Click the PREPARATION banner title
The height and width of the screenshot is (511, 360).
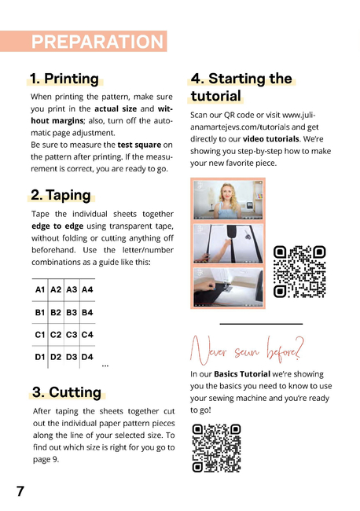[97, 42]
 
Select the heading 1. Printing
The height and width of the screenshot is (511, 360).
[64, 79]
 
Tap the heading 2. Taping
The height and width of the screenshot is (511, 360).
[61, 195]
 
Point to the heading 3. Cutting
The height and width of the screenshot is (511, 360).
[67, 392]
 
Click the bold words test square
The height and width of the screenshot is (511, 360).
[139, 145]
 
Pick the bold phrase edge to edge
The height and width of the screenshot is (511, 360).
[57, 226]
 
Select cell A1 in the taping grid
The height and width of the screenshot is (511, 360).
[40, 289]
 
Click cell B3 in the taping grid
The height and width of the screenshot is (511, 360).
[72, 313]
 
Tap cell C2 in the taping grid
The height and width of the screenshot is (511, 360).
[56, 335]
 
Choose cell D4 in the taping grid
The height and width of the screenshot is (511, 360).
[87, 357]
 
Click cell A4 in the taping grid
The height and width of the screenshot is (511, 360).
[87, 289]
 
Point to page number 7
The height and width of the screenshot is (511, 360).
[20, 491]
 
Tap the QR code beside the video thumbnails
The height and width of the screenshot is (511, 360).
[299, 271]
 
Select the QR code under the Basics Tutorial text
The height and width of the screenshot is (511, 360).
[216, 448]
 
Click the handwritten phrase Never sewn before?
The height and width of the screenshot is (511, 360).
[247, 351]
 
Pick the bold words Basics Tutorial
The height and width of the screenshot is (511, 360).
[242, 373]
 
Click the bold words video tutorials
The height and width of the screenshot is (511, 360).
[271, 139]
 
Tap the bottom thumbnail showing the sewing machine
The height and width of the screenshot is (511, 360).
[228, 287]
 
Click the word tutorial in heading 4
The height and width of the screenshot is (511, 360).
[215, 96]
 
